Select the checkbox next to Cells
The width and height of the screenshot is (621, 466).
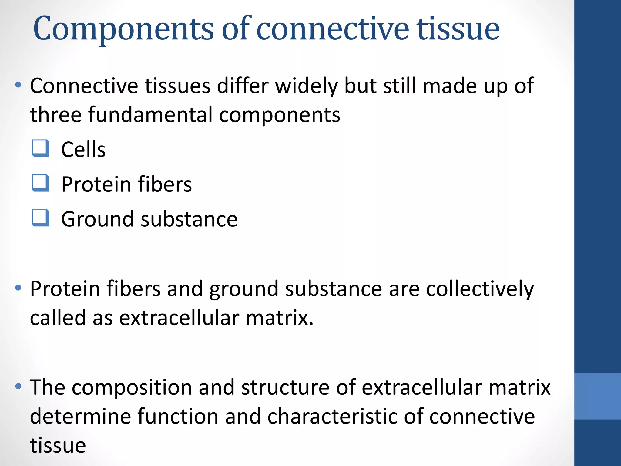[x=40, y=148]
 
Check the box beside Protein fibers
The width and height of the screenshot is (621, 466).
[x=40, y=183]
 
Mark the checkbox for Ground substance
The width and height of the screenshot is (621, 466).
[x=40, y=218]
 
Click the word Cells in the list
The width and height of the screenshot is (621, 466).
[x=83, y=150]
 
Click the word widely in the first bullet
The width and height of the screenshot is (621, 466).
[x=306, y=86]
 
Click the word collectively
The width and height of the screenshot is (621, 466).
[x=480, y=289]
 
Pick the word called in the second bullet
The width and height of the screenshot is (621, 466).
[x=58, y=318]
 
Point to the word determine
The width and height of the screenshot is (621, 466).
[x=80, y=416]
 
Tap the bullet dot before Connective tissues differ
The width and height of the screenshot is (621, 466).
[x=18, y=85]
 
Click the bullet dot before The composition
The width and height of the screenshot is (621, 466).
[x=18, y=386]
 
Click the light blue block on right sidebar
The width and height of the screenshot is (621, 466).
[x=597, y=396]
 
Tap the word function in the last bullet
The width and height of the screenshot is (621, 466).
[x=178, y=416]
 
